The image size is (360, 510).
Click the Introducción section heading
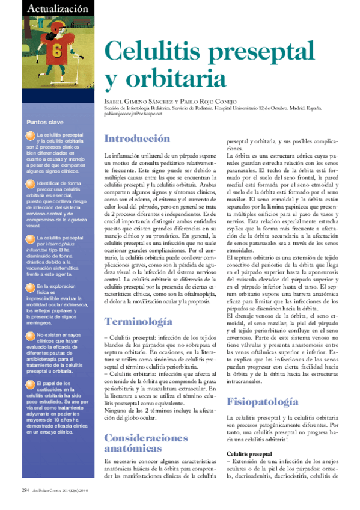click(x=137, y=138)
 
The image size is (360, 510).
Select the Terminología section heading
click(x=139, y=322)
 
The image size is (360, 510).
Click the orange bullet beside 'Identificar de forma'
click(x=31, y=182)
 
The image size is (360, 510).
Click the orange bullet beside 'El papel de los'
click(x=31, y=382)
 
